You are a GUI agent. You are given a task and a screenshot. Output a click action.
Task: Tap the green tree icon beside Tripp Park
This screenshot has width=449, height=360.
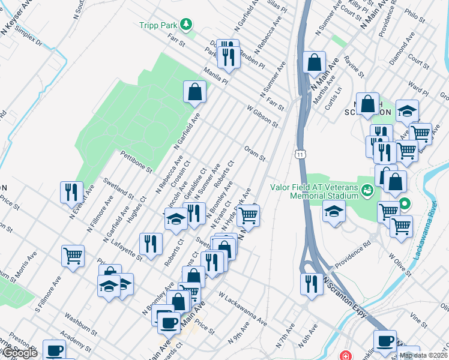coord(187,24)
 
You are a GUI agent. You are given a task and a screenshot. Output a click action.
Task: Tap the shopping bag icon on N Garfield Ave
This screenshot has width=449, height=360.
coord(194,92)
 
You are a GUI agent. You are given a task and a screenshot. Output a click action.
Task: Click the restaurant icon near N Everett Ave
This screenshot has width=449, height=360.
coord(71,192)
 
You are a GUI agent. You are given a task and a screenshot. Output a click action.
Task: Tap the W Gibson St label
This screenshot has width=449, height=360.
coord(263,116)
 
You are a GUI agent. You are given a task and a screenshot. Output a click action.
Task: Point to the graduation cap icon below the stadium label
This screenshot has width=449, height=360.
coord(334,211)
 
